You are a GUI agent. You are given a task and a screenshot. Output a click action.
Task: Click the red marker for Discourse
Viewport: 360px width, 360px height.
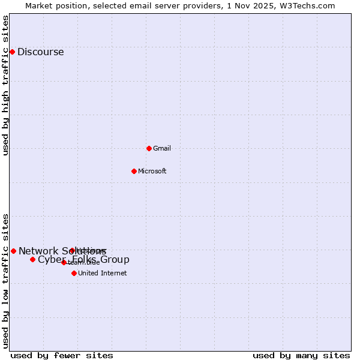(x=12, y=52)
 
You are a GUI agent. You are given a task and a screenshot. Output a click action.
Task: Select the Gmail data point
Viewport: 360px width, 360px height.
(x=149, y=148)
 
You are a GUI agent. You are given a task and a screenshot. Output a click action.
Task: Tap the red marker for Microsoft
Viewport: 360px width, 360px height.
(x=134, y=171)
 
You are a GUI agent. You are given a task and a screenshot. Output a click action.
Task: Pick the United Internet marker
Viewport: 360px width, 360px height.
(x=74, y=273)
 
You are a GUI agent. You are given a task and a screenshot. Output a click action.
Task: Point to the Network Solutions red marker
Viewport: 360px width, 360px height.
(x=13, y=251)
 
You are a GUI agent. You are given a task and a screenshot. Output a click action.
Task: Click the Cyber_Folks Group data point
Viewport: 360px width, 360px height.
(x=32, y=259)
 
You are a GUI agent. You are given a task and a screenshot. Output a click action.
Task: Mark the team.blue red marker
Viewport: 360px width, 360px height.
(x=64, y=262)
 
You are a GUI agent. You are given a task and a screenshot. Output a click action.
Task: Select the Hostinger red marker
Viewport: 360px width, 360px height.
(x=72, y=250)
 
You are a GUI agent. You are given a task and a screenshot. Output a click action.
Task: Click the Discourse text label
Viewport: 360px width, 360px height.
(x=40, y=52)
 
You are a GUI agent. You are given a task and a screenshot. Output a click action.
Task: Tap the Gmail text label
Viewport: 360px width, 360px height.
(x=162, y=148)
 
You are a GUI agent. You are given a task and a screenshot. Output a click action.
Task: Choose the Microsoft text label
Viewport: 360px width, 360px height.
(x=152, y=171)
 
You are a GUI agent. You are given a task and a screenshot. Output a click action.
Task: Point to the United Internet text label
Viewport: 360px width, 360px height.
(x=102, y=273)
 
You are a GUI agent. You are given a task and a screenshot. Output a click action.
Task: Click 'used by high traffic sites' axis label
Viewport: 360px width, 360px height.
(x=5, y=85)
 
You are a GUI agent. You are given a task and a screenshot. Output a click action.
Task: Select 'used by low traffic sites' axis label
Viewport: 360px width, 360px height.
(x=5, y=280)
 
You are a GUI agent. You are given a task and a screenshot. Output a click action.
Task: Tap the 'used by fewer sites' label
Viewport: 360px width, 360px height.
(x=62, y=355)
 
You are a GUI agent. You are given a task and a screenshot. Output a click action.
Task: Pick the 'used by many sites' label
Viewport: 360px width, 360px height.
(x=301, y=355)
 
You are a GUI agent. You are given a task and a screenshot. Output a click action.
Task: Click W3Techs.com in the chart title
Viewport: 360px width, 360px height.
(x=307, y=5)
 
